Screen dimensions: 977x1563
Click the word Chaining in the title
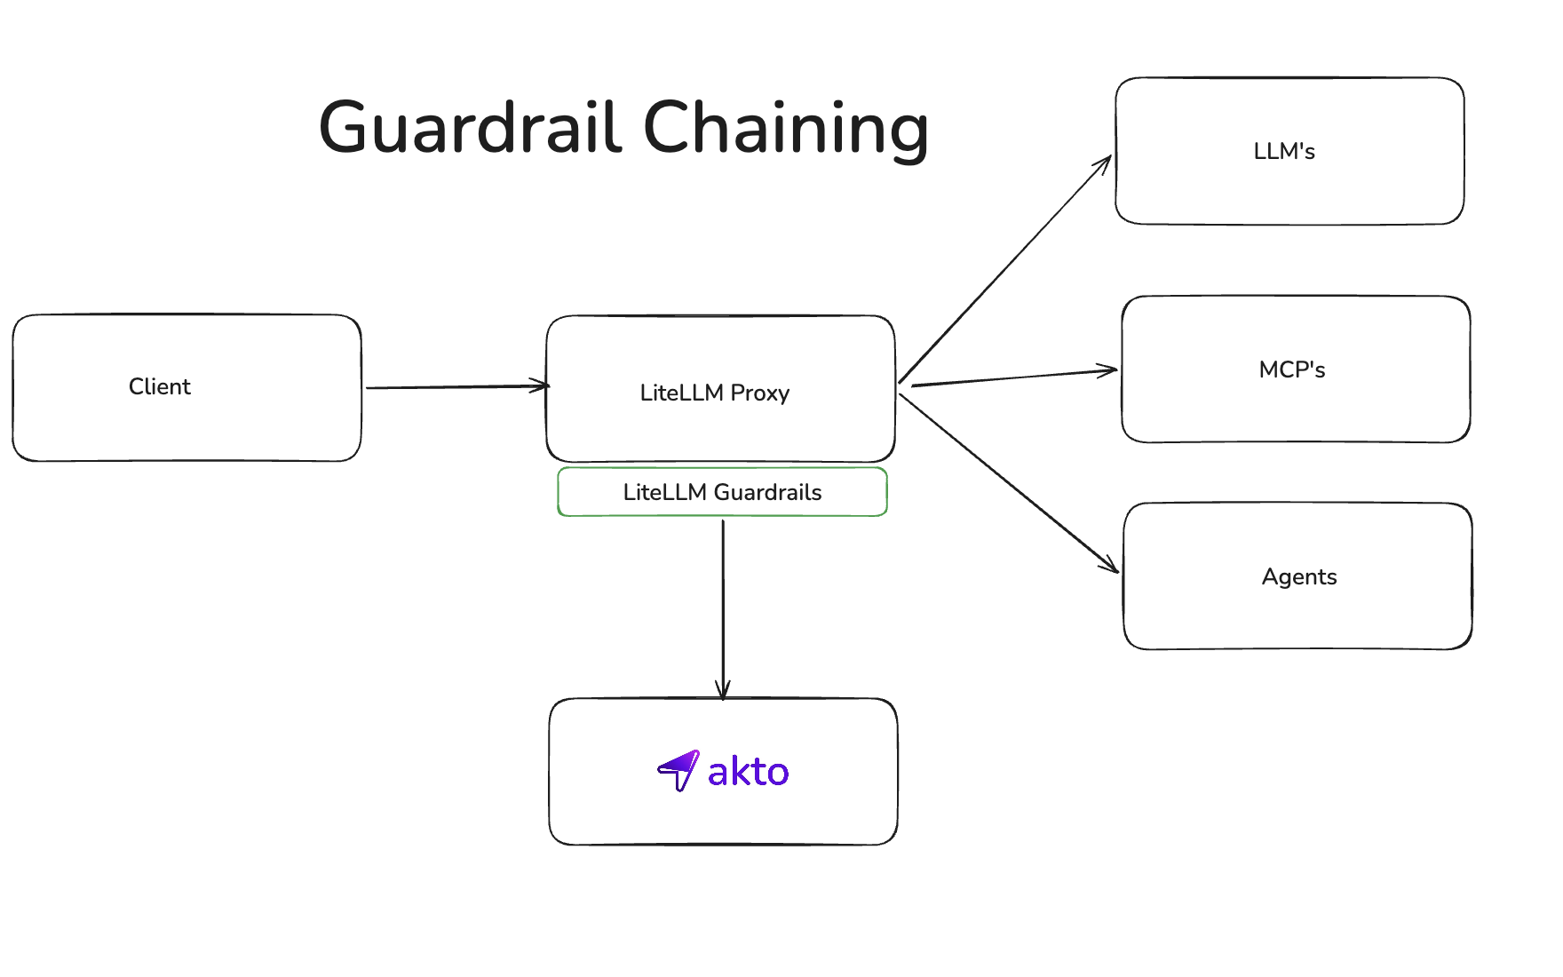point(785,130)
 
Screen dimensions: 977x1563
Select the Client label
point(160,386)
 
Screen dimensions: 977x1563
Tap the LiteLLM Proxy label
point(714,393)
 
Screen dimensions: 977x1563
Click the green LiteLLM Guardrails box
point(722,492)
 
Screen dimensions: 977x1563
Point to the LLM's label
point(1283,151)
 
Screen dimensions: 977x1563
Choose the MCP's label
point(1291,369)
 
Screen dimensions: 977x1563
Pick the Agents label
point(1298,576)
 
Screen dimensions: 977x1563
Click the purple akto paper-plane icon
point(678,770)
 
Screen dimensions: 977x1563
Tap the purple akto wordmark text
point(748,772)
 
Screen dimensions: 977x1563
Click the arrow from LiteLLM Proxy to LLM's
point(1004,270)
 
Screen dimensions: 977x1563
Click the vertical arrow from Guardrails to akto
point(723,604)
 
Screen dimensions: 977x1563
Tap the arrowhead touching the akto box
point(723,690)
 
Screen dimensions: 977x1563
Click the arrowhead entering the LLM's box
point(1104,163)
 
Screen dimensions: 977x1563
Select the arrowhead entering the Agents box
point(1110,565)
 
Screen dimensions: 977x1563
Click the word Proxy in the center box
point(759,393)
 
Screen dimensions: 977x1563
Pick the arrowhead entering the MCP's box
point(1108,370)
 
